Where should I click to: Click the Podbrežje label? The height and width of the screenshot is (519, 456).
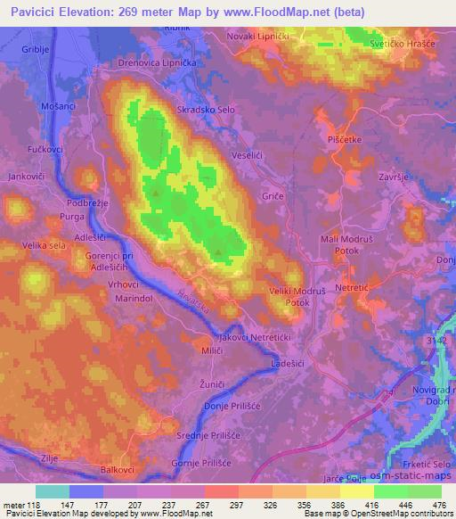point(87,203)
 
